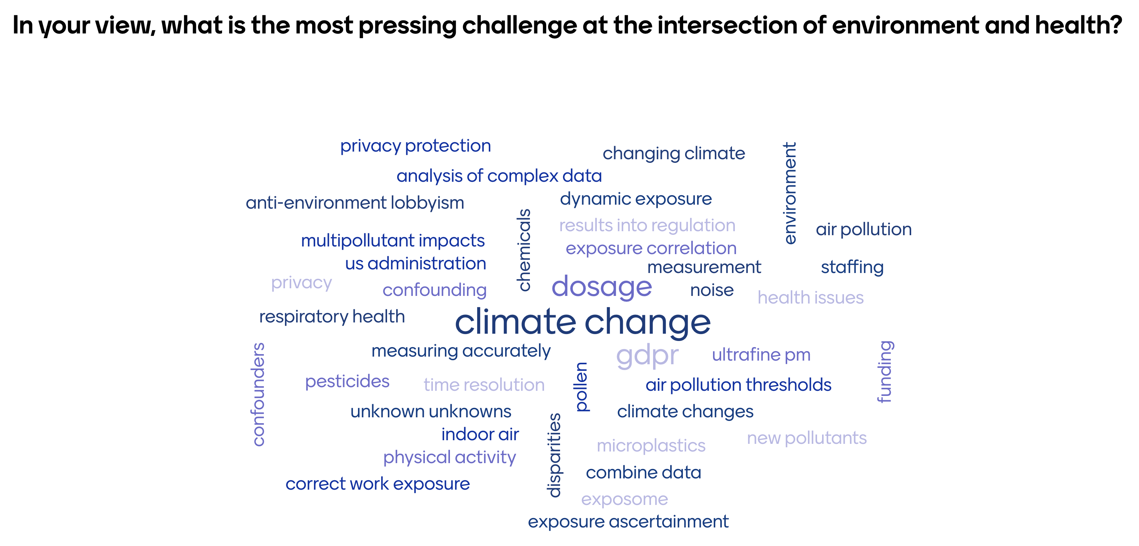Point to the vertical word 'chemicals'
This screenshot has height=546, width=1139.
(524, 250)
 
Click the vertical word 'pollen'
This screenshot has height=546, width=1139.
(581, 387)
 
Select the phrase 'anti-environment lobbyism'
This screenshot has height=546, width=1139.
(355, 203)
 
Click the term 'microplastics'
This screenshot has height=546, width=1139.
(651, 446)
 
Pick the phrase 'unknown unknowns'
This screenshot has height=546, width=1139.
(431, 411)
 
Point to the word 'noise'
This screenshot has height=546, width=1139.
(712, 290)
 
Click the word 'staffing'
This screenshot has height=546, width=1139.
(852, 268)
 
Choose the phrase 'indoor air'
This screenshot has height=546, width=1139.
(480, 434)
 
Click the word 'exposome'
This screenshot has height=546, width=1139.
(624, 499)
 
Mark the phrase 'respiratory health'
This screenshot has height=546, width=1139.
(331, 317)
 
